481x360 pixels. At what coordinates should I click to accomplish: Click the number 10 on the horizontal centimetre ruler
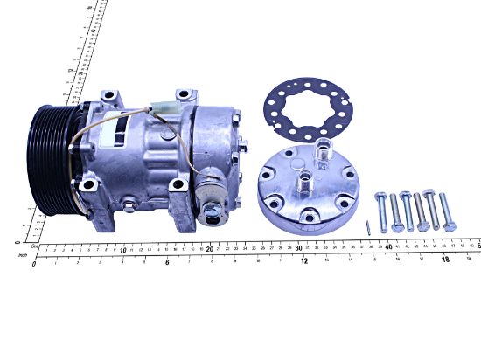click(x=123, y=249)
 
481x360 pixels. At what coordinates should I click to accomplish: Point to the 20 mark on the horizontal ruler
click(x=211, y=249)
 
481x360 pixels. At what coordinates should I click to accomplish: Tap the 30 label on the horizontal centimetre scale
click(x=300, y=249)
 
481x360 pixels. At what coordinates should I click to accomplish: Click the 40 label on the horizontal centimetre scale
click(x=388, y=249)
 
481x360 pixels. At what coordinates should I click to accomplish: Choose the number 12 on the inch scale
click(x=303, y=260)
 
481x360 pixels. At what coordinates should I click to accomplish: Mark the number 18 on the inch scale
click(x=444, y=260)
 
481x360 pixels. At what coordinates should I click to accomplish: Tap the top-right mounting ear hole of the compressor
click(x=183, y=94)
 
